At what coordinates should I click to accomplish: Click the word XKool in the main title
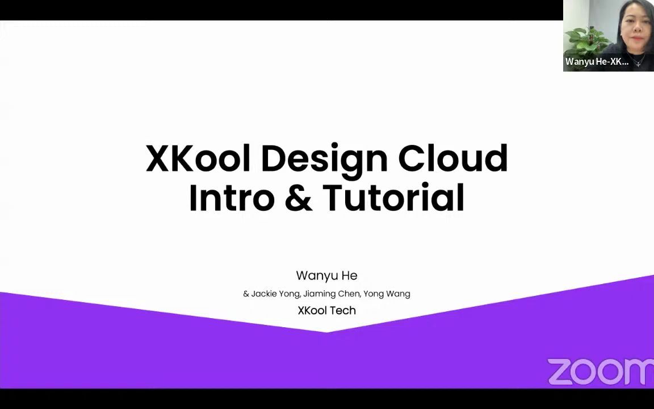[198, 158]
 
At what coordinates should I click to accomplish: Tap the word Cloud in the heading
[452, 158]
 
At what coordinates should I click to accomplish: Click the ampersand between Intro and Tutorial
[299, 198]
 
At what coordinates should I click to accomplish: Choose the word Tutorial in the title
[393, 198]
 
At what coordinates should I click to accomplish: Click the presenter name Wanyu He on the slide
[326, 276]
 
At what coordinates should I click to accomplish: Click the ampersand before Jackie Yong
[246, 294]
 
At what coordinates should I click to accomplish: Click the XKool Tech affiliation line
[326, 311]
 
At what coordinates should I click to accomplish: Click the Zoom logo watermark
[600, 372]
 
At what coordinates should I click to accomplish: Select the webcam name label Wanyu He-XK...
[597, 62]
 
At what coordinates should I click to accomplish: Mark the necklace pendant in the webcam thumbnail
[638, 63]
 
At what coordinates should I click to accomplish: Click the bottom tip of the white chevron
[326, 332]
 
